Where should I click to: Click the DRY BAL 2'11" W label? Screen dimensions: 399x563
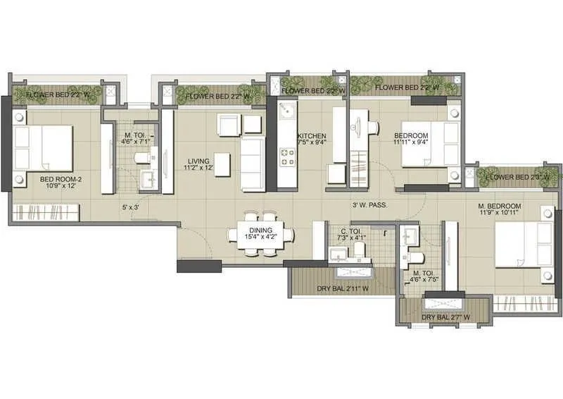343,288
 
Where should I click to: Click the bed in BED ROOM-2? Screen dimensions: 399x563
44,148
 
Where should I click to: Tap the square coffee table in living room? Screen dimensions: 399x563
222,164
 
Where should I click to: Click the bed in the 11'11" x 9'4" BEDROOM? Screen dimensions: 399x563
429,145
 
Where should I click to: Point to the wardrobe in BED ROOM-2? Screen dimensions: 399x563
44,212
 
